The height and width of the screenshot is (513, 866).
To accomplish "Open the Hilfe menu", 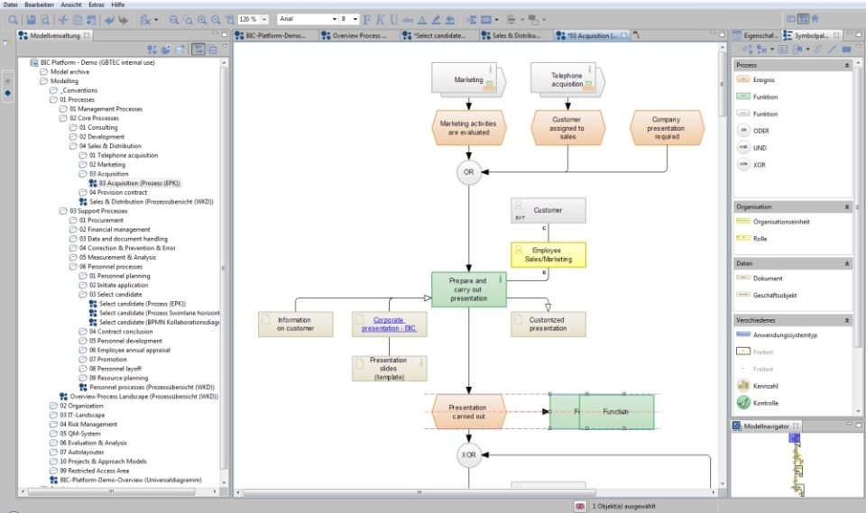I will tap(118, 5).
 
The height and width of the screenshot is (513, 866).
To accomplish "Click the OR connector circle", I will tap(468, 172).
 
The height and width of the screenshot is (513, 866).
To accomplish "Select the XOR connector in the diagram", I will tap(468, 455).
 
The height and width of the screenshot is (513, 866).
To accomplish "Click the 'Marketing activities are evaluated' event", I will tap(464, 128).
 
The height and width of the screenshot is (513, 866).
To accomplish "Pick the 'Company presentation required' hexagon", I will tap(666, 128).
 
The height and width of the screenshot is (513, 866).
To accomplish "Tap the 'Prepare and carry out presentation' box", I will tap(467, 290).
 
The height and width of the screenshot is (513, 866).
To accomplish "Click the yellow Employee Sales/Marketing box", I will tap(548, 254).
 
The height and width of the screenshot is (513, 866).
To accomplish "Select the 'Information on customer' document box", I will tap(295, 325).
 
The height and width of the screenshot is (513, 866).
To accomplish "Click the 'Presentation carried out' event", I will tap(467, 411).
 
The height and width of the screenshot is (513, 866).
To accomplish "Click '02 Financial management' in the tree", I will tap(114, 229).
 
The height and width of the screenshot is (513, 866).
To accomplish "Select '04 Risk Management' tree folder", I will tap(88, 424).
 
